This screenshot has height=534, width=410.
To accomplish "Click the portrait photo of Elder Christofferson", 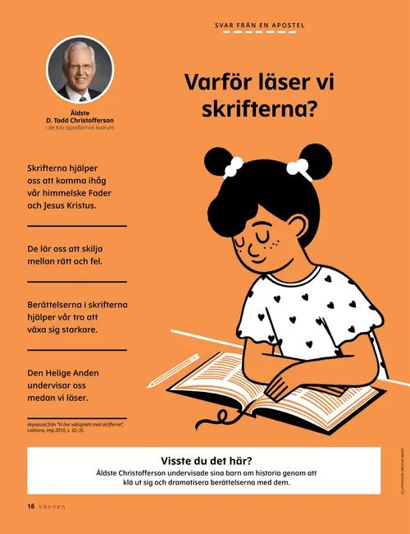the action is (80, 69).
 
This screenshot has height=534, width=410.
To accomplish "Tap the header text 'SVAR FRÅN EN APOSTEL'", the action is (259, 25).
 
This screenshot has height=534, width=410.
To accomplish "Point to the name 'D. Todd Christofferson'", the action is (80, 122).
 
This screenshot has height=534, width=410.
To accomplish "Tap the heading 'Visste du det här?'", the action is (204, 460).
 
